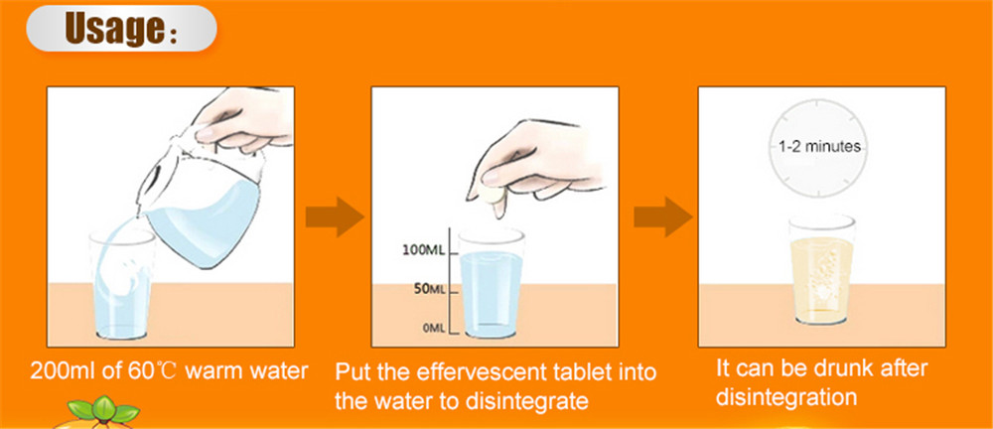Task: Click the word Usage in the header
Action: coord(112,30)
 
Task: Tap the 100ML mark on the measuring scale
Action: coord(424,249)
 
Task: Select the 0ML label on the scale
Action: coord(433,328)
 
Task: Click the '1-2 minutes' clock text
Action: coord(819,147)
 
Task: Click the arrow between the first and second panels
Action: coord(334,217)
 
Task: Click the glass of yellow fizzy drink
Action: coord(821,270)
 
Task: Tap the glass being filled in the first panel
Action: coord(121,283)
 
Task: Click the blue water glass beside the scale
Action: coord(491,283)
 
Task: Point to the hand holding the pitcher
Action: coord(244,120)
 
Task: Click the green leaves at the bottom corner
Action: coord(103,409)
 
